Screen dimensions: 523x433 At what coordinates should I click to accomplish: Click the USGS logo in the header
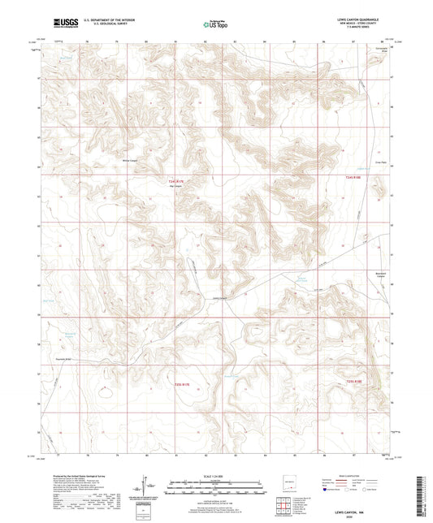pos(63,22)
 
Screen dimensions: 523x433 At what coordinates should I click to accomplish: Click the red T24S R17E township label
pos(177,181)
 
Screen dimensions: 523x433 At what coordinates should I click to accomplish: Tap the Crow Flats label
pos(377,163)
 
